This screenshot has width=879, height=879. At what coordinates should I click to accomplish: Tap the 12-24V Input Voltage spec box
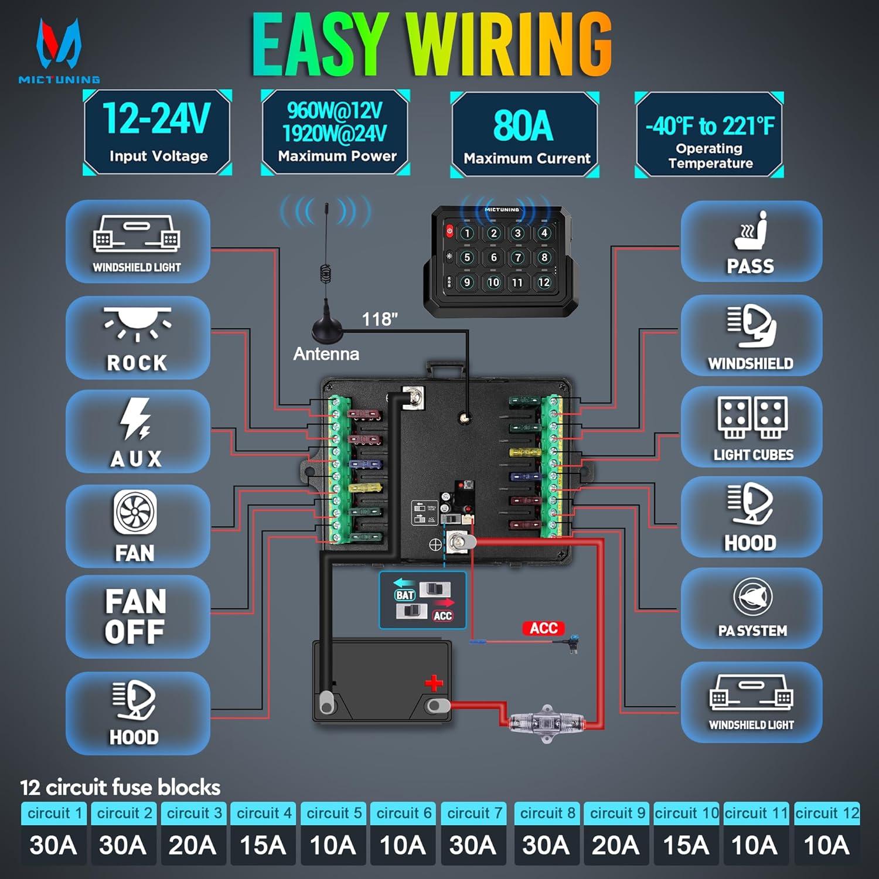157,132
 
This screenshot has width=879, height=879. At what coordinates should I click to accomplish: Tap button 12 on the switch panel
544,282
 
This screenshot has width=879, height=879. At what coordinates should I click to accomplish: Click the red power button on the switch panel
449,231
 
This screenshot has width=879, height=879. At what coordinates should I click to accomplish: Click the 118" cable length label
380,319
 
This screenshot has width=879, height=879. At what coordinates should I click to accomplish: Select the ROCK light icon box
138,338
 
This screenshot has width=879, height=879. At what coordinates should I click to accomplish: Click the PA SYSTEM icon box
751,608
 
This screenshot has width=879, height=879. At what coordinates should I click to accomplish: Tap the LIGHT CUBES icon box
751,427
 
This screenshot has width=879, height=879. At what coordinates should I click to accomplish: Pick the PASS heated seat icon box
751,241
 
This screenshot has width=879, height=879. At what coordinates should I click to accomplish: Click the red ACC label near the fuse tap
543,628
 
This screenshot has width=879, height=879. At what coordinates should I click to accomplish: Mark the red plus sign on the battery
434,683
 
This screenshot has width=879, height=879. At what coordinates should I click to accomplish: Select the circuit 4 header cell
263,813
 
